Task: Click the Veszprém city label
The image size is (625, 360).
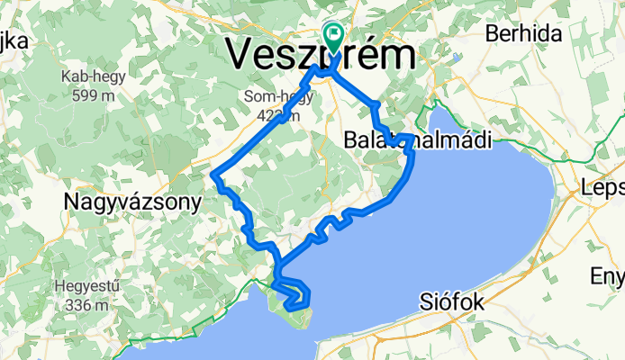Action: coord(322,54)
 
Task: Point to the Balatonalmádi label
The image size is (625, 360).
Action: coord(418,141)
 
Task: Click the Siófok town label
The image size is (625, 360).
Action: coord(453,303)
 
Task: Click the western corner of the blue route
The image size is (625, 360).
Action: coord(213,175)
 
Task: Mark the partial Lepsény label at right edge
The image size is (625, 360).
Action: coord(602,191)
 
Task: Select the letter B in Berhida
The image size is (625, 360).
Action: coord(492,34)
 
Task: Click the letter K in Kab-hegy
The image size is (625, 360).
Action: coord(66,77)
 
